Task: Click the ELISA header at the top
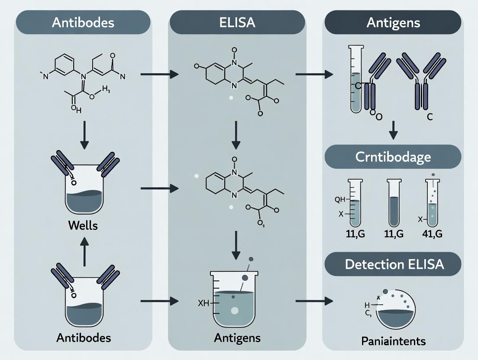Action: (x=237, y=22)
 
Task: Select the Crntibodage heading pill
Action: (x=393, y=157)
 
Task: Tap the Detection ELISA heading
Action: (x=393, y=264)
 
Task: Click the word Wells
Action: (x=84, y=225)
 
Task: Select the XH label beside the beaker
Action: (x=203, y=303)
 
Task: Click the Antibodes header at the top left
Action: (x=83, y=22)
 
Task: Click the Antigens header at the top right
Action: (x=393, y=22)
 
